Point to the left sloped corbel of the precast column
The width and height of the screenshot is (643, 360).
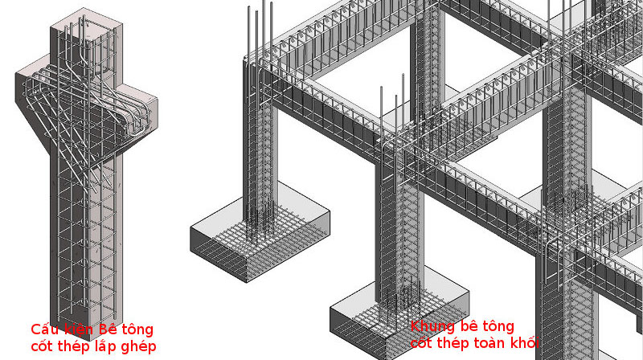[35, 103]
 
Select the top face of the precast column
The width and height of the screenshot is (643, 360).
[86, 26]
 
